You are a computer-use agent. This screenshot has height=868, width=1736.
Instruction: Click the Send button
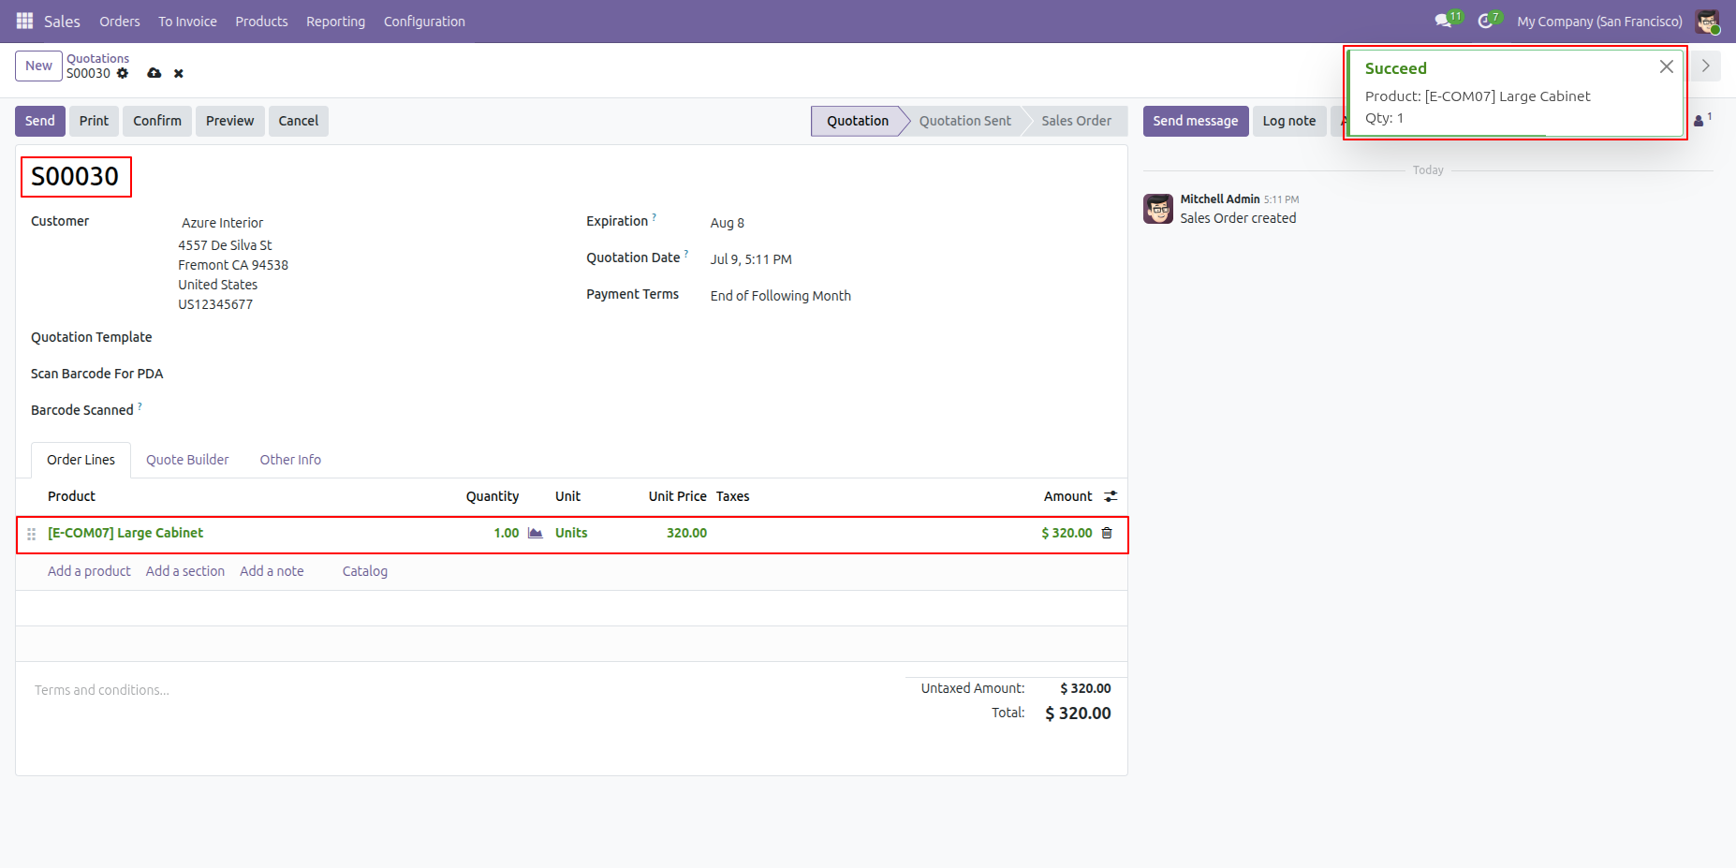(40, 121)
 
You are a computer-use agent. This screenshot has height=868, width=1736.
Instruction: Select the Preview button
(229, 121)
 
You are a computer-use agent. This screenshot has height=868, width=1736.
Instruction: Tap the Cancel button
(299, 121)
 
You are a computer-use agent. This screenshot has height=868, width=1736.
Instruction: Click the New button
(38, 66)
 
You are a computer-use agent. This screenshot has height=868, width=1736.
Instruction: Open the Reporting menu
(335, 22)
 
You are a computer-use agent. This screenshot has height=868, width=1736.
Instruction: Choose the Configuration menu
(424, 22)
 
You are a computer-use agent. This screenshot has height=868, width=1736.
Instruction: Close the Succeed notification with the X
(1667, 66)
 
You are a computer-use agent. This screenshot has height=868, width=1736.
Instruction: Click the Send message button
(1196, 121)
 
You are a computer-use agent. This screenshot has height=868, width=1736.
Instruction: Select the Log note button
(1289, 121)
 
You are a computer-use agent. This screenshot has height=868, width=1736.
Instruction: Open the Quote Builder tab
(187, 460)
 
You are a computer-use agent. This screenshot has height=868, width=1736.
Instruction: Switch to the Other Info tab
(290, 460)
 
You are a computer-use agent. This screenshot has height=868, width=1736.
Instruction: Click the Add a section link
(185, 571)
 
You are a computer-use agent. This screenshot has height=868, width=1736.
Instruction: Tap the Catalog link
(365, 571)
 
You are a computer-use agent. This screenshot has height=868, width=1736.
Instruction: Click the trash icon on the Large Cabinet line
(1107, 533)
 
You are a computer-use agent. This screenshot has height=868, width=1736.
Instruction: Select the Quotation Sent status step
(965, 121)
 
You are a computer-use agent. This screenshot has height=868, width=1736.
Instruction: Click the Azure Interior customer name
(223, 223)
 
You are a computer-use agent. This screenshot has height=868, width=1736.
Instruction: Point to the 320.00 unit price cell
(686, 533)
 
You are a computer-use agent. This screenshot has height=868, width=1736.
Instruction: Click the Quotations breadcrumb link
(98, 58)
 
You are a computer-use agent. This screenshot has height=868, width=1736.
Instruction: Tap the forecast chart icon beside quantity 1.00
(536, 533)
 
